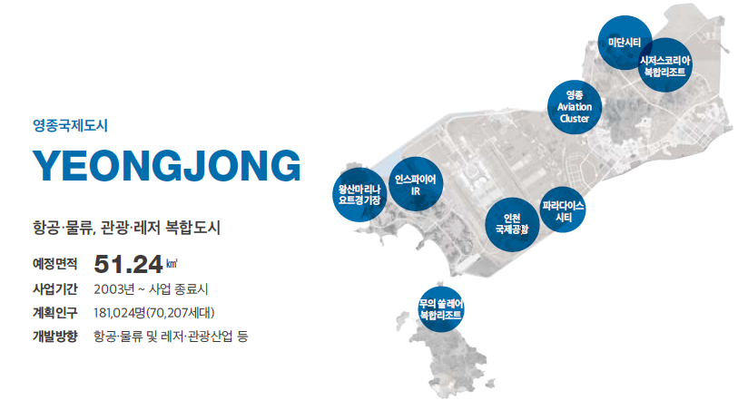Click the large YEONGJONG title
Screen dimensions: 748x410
(x=166, y=166)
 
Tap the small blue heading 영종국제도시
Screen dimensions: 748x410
(x=70, y=125)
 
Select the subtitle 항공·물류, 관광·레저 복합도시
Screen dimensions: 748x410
(x=126, y=228)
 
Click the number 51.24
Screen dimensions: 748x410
(x=128, y=264)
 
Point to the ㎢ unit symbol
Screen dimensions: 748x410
(x=172, y=263)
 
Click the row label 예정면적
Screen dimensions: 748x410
(x=54, y=264)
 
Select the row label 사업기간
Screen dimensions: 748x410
(x=54, y=289)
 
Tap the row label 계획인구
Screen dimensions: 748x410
(x=54, y=313)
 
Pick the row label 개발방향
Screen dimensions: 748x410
(x=54, y=337)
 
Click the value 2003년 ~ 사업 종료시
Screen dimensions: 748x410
(x=151, y=289)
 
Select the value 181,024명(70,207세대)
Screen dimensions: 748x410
(x=154, y=313)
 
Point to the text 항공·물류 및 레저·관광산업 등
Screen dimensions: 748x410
(x=171, y=337)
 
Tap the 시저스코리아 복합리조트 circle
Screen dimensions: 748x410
(x=665, y=65)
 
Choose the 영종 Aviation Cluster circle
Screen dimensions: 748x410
(x=575, y=107)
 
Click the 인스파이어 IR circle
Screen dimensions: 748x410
(x=416, y=184)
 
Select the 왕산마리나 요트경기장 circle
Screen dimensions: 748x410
(x=359, y=194)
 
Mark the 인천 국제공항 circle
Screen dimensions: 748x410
(x=512, y=225)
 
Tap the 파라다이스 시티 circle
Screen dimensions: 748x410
(x=563, y=210)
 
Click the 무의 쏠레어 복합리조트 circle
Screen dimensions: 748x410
(x=440, y=309)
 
